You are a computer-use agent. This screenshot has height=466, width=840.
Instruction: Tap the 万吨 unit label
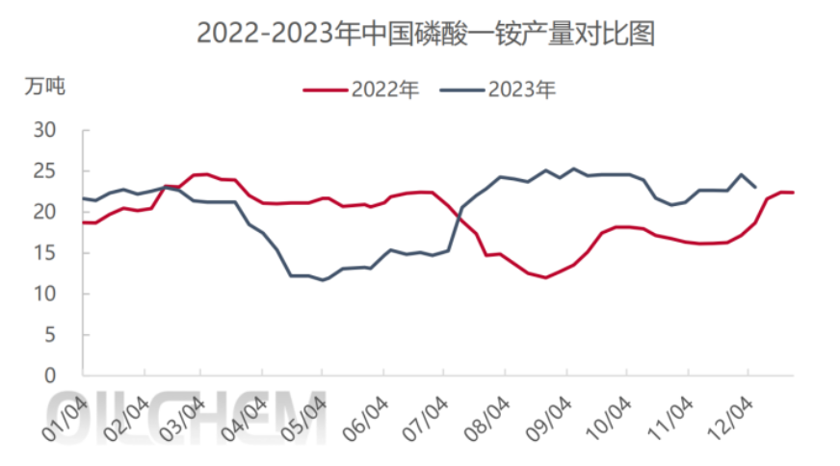[x=44, y=87]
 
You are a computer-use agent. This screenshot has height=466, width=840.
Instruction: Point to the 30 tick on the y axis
[x=47, y=130]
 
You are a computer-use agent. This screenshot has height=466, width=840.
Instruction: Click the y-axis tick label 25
[x=47, y=171]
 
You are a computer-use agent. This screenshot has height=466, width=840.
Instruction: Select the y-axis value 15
[x=47, y=253]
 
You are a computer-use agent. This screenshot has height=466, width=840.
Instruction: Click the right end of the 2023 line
[x=755, y=187]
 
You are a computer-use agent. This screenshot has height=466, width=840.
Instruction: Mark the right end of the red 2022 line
[x=793, y=193]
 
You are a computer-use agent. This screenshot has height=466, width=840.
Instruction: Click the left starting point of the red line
[x=83, y=222]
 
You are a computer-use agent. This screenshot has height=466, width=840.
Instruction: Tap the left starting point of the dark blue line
[x=83, y=198]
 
